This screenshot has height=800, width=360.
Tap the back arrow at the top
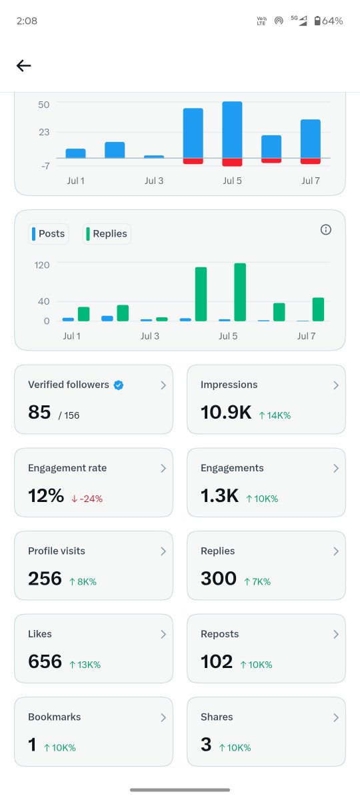pyautogui.click(x=23, y=66)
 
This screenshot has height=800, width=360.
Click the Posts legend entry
pyautogui.click(x=48, y=234)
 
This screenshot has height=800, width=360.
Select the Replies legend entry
pyautogui.click(x=107, y=234)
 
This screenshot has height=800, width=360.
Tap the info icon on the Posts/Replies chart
pyautogui.click(x=326, y=229)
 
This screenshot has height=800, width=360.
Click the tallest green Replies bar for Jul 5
pyautogui.click(x=240, y=292)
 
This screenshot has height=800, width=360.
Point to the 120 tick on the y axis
pyautogui.click(x=42, y=265)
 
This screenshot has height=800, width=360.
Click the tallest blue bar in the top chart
pyautogui.click(x=232, y=130)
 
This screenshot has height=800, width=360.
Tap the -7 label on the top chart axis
pyautogui.click(x=45, y=166)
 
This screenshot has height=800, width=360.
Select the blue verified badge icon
pyautogui.click(x=119, y=385)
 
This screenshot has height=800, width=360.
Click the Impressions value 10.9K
pyautogui.click(x=226, y=412)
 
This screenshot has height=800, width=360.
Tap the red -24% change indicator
pyautogui.click(x=87, y=499)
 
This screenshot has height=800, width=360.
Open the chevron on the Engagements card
pyautogui.click(x=336, y=468)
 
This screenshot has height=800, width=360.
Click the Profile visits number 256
pyautogui.click(x=45, y=579)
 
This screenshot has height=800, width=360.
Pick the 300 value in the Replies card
pyautogui.click(x=219, y=579)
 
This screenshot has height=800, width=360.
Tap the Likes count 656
pyautogui.click(x=45, y=661)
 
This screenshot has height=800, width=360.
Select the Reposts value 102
pyautogui.click(x=217, y=661)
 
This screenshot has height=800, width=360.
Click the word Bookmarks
pyautogui.click(x=54, y=717)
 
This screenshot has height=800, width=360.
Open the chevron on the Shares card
pyautogui.click(x=336, y=717)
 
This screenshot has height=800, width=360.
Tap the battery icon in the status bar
pyautogui.click(x=317, y=21)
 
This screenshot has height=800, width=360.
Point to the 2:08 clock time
pyautogui.click(x=27, y=21)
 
